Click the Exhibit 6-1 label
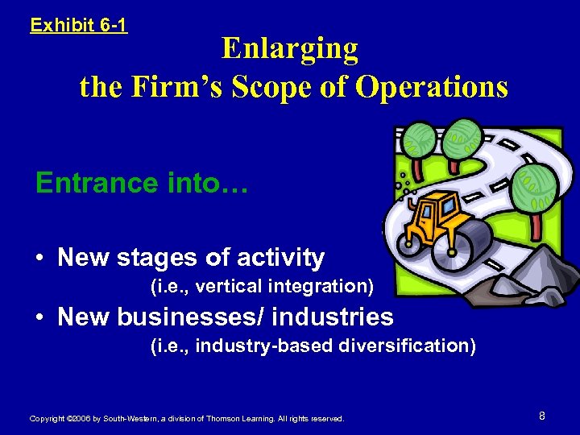coord(78,25)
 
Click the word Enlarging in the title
coord(290,49)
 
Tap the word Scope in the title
coord(283,86)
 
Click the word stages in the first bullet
coord(157,258)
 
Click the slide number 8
coord(542,416)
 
